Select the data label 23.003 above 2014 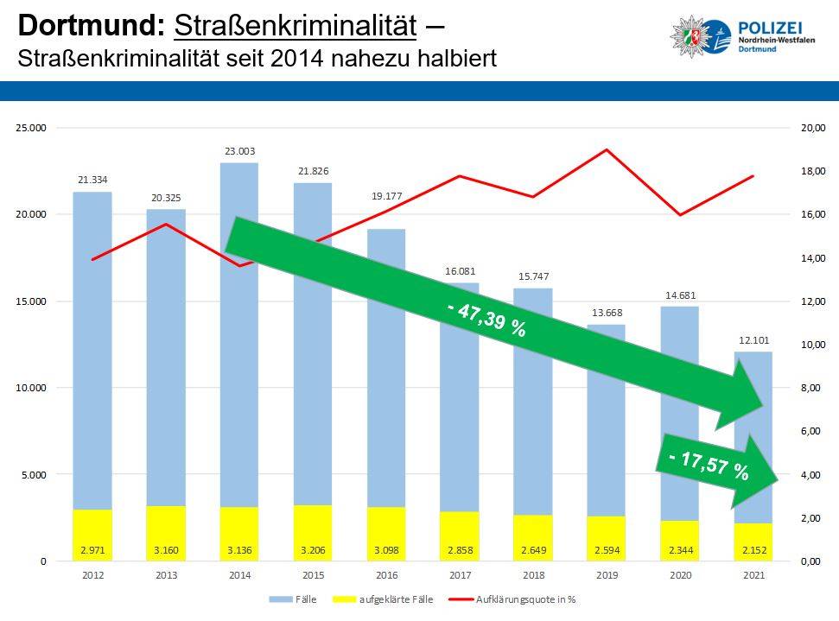click(x=239, y=151)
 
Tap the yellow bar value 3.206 click(x=313, y=550)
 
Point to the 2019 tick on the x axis click(x=607, y=574)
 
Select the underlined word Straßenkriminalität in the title click(x=296, y=26)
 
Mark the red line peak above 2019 click(x=607, y=149)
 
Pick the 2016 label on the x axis click(x=386, y=574)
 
